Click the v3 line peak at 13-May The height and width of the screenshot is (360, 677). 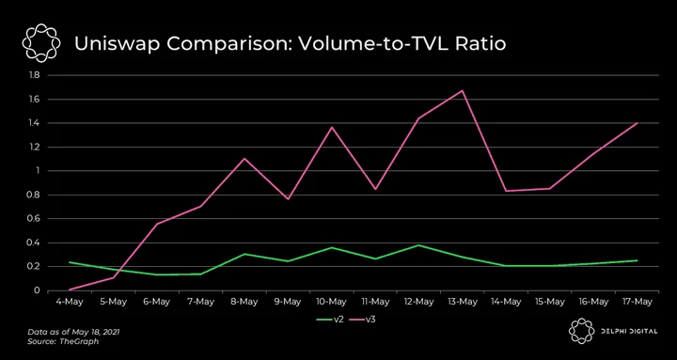pyautogui.click(x=463, y=90)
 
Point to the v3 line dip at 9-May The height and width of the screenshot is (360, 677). pyautogui.click(x=288, y=199)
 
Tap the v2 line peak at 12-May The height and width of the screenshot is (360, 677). pyautogui.click(x=418, y=245)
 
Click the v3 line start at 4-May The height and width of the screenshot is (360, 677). pyautogui.click(x=70, y=290)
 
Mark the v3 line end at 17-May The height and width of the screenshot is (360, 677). pyautogui.click(x=637, y=123)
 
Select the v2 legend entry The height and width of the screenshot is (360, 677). pyautogui.click(x=330, y=320)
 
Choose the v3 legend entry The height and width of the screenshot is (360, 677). pyautogui.click(x=361, y=320)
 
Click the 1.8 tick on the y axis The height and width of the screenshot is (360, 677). pyautogui.click(x=34, y=75)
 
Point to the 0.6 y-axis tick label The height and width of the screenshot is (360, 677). pyautogui.click(x=34, y=219)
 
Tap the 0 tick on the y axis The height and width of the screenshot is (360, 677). pyautogui.click(x=37, y=290)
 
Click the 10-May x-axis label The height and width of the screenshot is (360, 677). pyautogui.click(x=331, y=302)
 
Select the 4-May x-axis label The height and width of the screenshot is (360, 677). pyautogui.click(x=70, y=302)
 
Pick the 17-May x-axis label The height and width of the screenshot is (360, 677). pyautogui.click(x=637, y=302)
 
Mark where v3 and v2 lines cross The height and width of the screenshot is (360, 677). pyautogui.click(x=117, y=270)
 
